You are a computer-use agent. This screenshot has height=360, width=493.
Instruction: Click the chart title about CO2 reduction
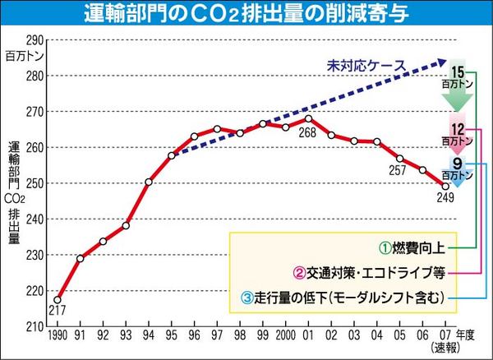tap(246, 13)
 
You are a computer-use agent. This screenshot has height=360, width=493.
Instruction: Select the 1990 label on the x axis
tap(58, 336)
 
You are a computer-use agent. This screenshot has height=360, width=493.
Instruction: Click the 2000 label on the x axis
tap(285, 336)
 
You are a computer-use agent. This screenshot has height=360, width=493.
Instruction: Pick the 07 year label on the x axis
tap(445, 336)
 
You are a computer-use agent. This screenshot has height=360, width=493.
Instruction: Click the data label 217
tap(58, 311)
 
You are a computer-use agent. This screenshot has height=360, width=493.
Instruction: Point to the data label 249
tap(445, 197)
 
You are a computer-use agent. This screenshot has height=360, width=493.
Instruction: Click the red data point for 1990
tap(58, 299)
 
